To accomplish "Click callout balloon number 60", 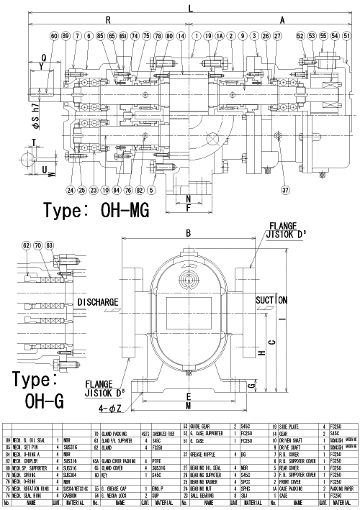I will click(54, 35).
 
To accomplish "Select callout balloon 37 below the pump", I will click(285, 190).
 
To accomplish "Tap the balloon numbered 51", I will click(347, 35).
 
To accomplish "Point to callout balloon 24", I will click(71, 190).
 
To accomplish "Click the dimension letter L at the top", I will click(190, 9).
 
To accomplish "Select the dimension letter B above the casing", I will click(189, 233).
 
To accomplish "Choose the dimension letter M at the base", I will click(189, 406).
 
